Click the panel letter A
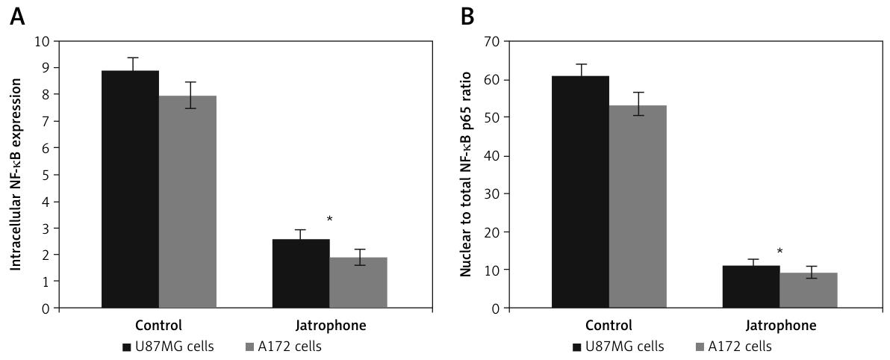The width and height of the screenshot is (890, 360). [16, 16]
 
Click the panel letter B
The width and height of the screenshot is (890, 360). [467, 16]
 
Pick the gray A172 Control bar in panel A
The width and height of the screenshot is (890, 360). [187, 202]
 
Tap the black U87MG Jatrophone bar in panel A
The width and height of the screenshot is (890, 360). [301, 273]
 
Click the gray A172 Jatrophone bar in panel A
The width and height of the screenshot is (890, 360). [358, 282]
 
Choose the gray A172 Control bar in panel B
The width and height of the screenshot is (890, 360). [638, 206]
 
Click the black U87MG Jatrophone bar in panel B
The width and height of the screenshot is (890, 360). [751, 287]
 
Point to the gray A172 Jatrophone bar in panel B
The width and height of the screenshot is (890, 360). [809, 290]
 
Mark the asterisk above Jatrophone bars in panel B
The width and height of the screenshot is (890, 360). [779, 252]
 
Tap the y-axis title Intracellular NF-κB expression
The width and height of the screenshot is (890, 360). [15, 174]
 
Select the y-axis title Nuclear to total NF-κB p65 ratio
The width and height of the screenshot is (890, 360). [465, 174]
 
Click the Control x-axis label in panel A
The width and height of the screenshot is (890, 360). [158, 326]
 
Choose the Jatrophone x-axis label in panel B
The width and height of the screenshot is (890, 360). [780, 326]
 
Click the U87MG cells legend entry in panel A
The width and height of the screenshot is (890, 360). [158, 347]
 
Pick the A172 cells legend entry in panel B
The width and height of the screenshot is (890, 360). [733, 347]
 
